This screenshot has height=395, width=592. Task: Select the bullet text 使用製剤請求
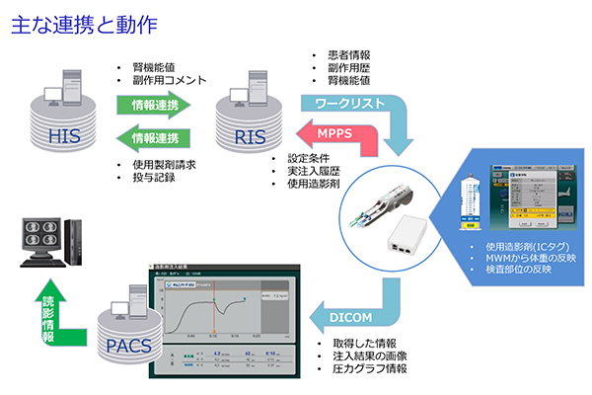(162, 164)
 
